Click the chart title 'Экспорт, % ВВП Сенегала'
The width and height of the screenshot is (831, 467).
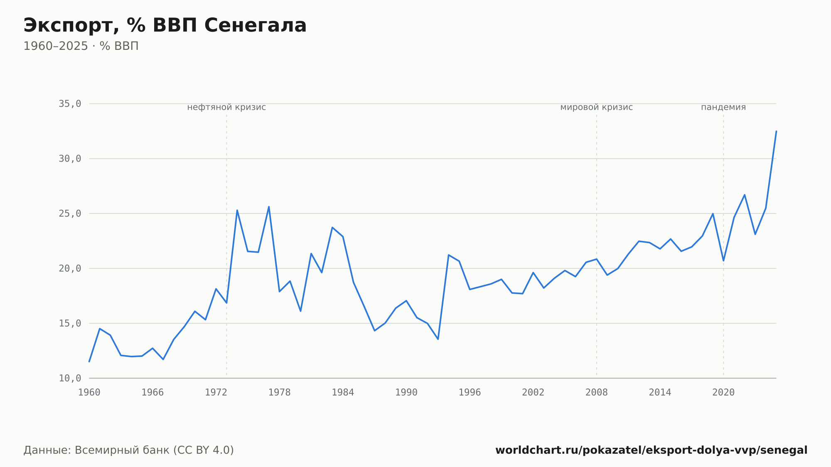pos(165,26)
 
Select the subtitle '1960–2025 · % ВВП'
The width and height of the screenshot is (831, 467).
pos(81,46)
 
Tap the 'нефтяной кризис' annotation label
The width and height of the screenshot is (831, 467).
pos(226,107)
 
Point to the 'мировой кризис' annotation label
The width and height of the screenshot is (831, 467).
pos(597,107)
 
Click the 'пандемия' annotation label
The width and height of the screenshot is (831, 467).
pos(723,107)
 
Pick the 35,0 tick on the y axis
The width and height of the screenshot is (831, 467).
pos(70,104)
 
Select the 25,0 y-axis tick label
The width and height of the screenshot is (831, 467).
pos(70,214)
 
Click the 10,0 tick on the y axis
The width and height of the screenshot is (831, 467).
pos(70,378)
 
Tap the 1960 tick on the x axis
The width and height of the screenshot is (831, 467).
pos(89,393)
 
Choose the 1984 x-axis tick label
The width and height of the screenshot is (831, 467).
pos(343,393)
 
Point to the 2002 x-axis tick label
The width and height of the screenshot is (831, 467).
pos(533,393)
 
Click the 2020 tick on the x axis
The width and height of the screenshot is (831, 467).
pos(723,393)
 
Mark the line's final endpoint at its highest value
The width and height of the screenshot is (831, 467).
pos(776,131)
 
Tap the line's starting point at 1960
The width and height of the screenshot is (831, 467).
pos(89,361)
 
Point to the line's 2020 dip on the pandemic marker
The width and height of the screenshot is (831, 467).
pos(723,261)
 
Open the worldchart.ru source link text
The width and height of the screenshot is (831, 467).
pos(651,450)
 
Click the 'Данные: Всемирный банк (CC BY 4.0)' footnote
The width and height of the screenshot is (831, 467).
pos(129,450)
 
